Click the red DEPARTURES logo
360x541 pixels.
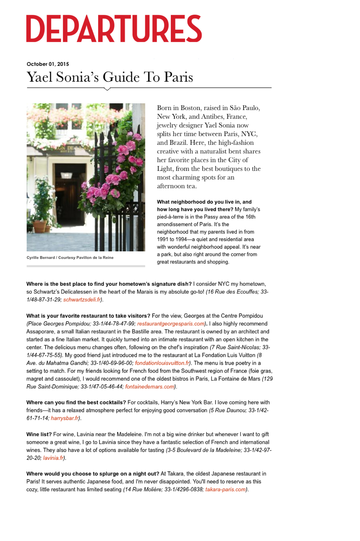(x=114, y=29)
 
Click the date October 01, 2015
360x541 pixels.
(x=48, y=64)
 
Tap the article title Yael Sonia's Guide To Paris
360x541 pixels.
(x=110, y=77)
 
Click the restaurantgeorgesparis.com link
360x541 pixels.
(x=171, y=324)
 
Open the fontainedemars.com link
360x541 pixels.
(x=150, y=387)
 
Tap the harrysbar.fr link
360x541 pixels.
(x=65, y=418)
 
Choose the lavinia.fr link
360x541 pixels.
(x=53, y=458)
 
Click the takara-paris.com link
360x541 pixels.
(x=225, y=490)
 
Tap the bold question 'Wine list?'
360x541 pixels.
(x=39, y=434)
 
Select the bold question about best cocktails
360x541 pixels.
(x=76, y=403)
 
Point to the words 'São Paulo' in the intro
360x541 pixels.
(x=245, y=108)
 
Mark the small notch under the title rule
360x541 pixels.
(x=107, y=89)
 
